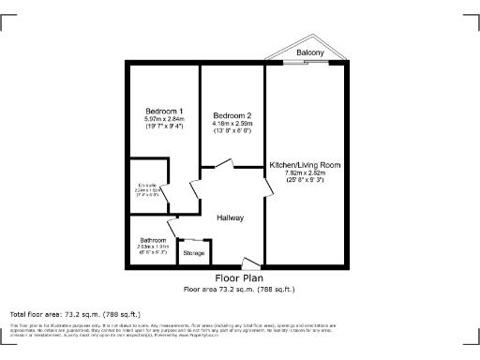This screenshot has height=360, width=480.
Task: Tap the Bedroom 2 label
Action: click(232, 115)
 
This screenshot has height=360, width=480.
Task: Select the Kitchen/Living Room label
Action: click(305, 164)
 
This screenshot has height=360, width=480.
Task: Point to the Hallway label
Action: click(230, 218)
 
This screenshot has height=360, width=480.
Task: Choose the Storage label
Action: click(193, 253)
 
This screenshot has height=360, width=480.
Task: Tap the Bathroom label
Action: click(153, 239)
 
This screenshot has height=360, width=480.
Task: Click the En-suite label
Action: click(146, 184)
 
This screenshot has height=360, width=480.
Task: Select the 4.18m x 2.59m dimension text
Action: click(232, 123)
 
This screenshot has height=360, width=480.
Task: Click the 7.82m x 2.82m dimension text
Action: click(305, 172)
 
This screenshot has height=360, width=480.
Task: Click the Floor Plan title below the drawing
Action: click(239, 278)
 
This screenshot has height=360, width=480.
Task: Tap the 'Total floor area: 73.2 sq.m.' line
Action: click(75, 313)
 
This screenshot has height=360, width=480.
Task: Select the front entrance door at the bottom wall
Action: click(248, 263)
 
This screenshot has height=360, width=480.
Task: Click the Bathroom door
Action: click(172, 228)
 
